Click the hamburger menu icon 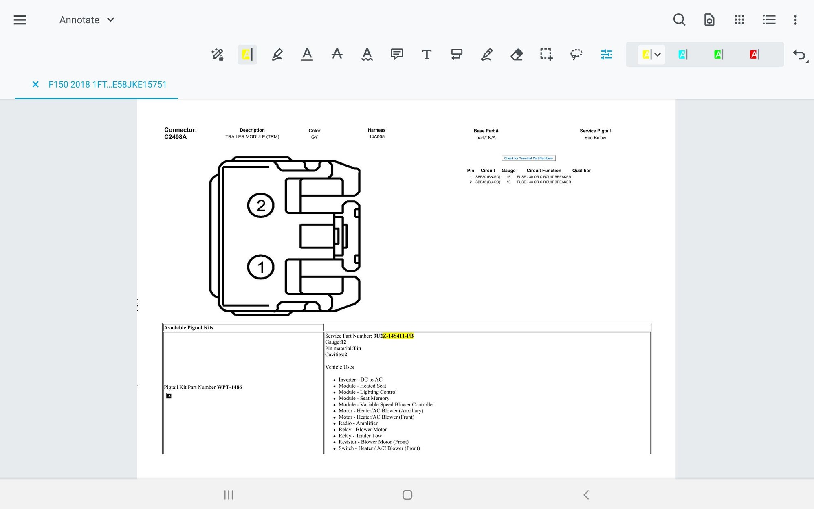(20, 20)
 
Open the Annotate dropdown (87, 20)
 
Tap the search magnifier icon (679, 20)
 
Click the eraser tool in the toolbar (516, 55)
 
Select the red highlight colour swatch (754, 55)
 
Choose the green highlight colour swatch (718, 55)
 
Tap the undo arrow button (799, 55)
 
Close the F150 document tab (35, 84)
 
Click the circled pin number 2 (261, 205)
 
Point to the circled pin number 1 (261, 267)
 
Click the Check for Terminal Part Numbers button (528, 158)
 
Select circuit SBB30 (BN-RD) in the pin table (488, 177)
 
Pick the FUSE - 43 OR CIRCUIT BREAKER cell (543, 182)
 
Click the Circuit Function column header (543, 171)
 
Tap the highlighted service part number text (398, 336)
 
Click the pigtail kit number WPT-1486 (229, 387)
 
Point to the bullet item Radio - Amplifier (358, 423)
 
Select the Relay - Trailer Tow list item (360, 436)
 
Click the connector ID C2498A (175, 137)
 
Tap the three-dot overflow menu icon (795, 20)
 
